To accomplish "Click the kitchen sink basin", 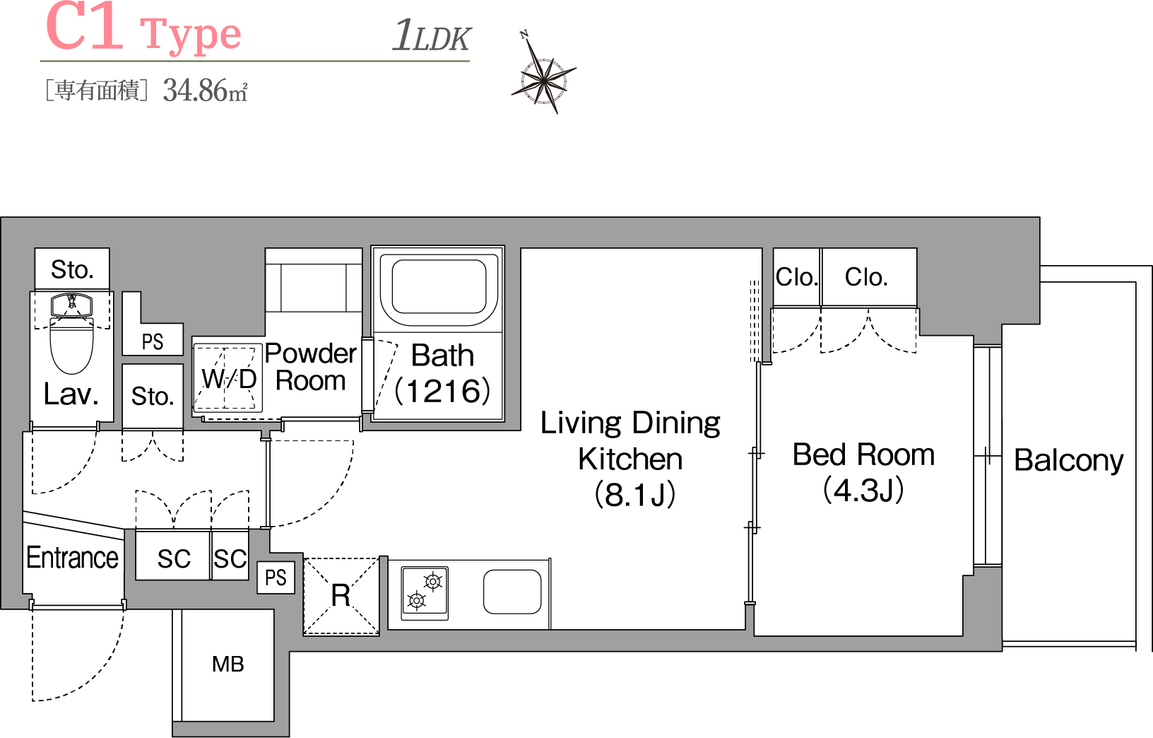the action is (512, 592).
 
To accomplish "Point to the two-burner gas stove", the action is (425, 593).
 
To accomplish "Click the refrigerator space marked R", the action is (341, 596).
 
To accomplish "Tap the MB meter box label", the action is (228, 664).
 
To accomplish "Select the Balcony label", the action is (1069, 460).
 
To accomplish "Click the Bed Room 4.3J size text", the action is (864, 490).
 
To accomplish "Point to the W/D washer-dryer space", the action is (228, 378).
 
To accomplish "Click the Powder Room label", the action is (310, 367).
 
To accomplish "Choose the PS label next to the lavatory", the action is (153, 342).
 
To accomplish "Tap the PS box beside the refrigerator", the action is (276, 578).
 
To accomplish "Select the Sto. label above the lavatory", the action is (72, 269).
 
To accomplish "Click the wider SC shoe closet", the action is (174, 556).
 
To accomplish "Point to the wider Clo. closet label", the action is (866, 277).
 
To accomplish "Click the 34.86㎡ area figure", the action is (206, 90).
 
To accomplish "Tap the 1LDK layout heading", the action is (432, 35).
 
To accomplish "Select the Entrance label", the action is (73, 557).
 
